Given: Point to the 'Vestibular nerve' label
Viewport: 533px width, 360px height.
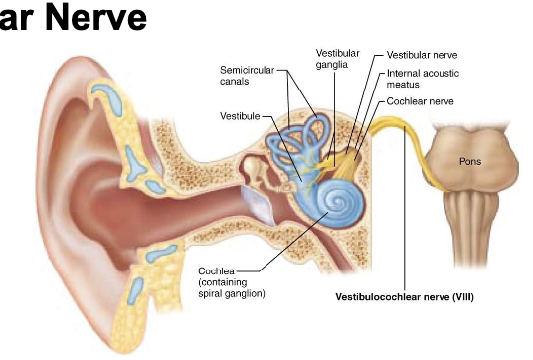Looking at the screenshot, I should click(x=422, y=55).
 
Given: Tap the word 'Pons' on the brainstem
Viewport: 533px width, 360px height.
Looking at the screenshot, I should click(x=471, y=160).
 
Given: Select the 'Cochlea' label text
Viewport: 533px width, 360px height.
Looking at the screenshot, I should click(x=215, y=270).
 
